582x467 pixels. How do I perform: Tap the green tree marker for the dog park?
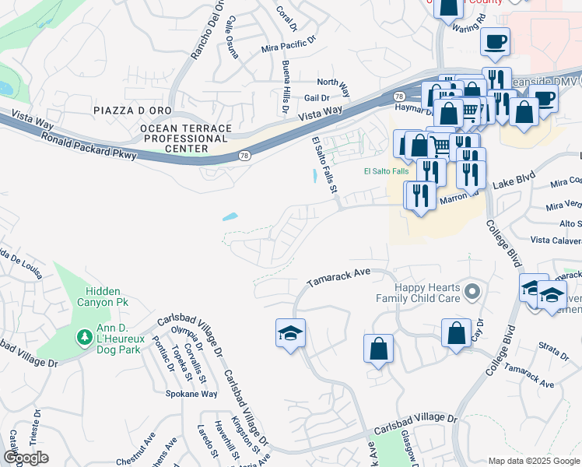[x=84, y=337]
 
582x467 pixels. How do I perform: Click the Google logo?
[x=26, y=458]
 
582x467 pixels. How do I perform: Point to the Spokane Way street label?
[x=191, y=394]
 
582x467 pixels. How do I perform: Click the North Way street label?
[x=332, y=82]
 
